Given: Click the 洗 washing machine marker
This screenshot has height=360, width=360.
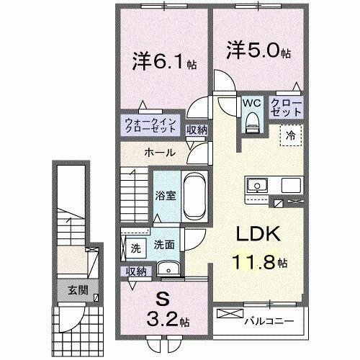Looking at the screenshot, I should point(135,248).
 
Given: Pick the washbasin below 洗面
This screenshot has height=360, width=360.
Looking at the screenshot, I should point(173,269).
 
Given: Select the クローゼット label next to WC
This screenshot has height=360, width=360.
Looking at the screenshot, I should point(287,108).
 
